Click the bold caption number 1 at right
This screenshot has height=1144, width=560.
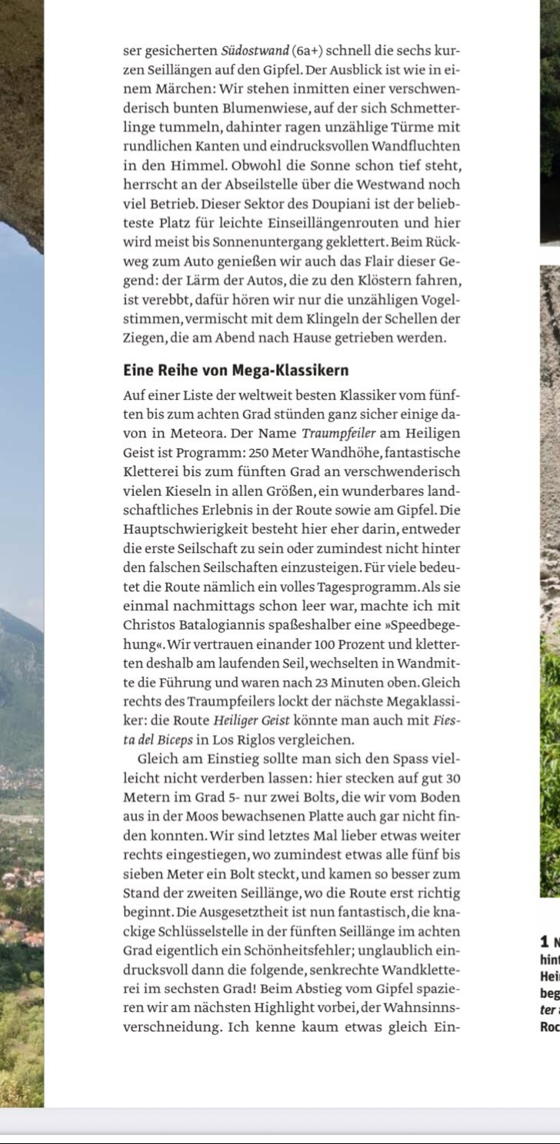(x=544, y=941)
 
